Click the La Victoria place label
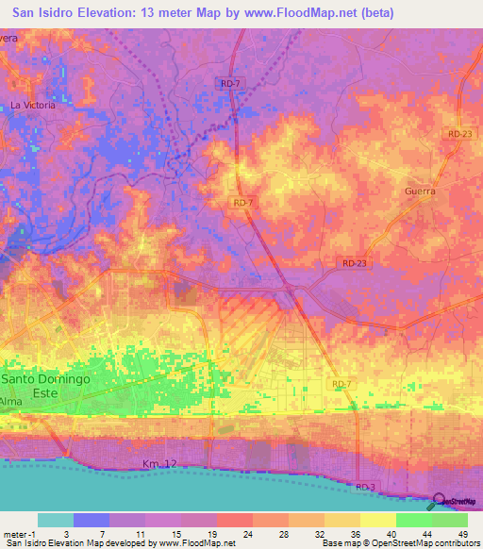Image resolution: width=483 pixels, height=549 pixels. (33, 105)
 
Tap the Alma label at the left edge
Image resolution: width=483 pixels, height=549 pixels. (11, 401)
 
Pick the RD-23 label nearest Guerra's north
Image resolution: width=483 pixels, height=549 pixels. (460, 134)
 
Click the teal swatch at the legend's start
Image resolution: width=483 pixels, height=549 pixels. (55, 520)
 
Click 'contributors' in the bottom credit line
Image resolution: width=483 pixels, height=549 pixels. (457, 544)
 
